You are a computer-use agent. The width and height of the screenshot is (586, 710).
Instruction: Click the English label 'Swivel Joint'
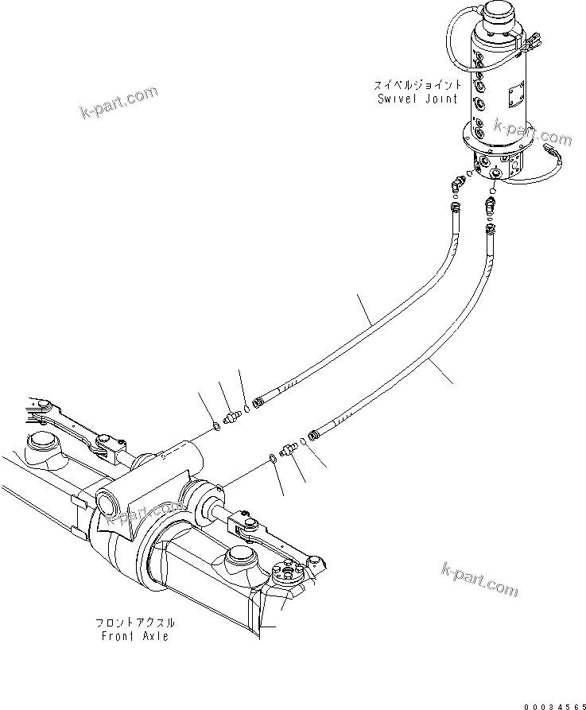pyautogui.click(x=417, y=99)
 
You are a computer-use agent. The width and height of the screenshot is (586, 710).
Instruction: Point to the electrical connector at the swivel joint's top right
pyautogui.click(x=532, y=45)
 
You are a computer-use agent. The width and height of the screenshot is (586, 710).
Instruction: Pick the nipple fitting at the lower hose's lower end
pyautogui.click(x=289, y=448)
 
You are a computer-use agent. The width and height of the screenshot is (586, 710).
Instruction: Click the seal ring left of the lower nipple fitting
pyautogui.click(x=272, y=457)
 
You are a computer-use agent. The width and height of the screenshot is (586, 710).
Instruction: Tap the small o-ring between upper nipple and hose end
pyautogui.click(x=247, y=411)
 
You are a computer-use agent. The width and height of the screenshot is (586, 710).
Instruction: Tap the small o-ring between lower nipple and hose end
pyautogui.click(x=303, y=440)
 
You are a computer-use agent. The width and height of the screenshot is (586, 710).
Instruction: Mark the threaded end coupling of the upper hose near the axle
pyautogui.click(x=259, y=402)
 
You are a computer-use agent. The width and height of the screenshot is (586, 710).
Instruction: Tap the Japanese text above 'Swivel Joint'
pyautogui.click(x=417, y=84)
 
